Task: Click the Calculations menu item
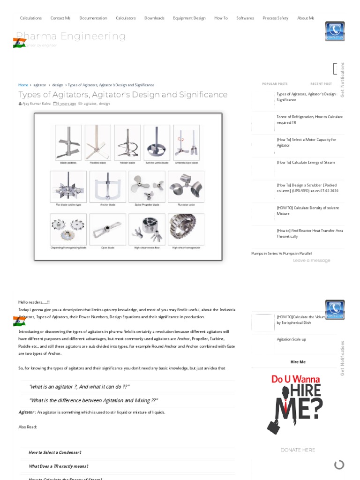click(x=31, y=18)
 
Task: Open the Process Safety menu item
click(x=275, y=18)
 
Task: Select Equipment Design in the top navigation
click(x=189, y=18)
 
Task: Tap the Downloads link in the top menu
click(x=154, y=18)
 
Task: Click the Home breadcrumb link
click(x=23, y=85)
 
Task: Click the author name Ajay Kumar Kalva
click(x=36, y=104)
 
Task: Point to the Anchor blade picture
click(x=108, y=187)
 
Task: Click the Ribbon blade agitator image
click(x=127, y=142)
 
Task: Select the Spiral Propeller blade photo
click(x=147, y=187)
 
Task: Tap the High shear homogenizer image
click(x=186, y=229)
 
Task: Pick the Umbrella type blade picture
click(x=186, y=142)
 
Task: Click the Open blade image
click(x=108, y=229)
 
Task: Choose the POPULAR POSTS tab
click(x=275, y=84)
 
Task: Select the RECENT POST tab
click(x=321, y=84)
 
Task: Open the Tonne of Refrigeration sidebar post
click(x=309, y=120)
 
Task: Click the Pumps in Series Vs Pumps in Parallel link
click(x=281, y=254)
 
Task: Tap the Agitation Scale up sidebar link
click(x=291, y=339)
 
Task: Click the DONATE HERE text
click(x=298, y=450)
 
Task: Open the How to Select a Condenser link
click(x=55, y=453)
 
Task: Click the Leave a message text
click(x=311, y=261)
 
